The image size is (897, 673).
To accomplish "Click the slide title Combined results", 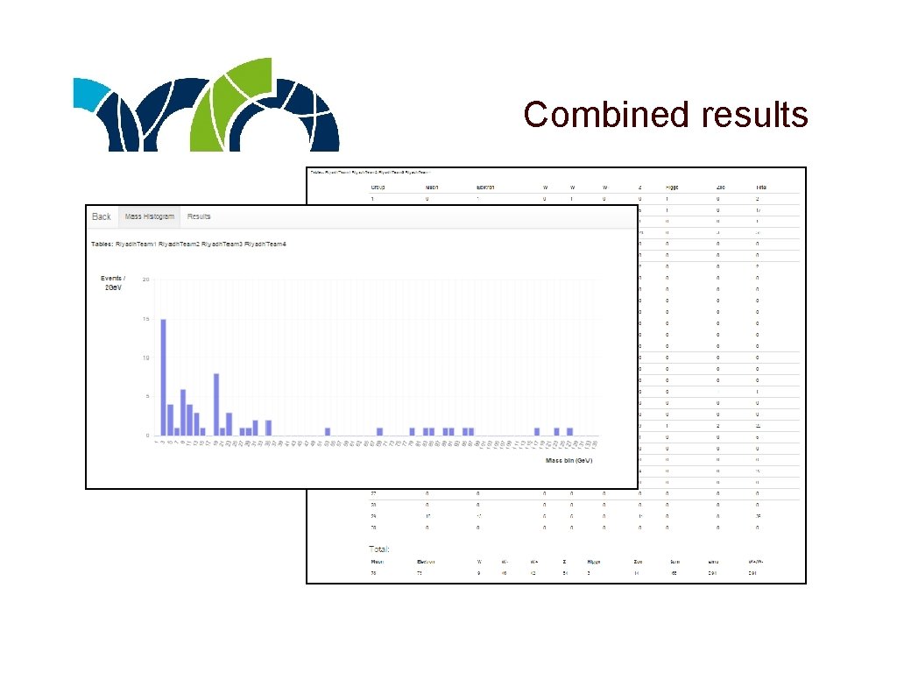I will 666,114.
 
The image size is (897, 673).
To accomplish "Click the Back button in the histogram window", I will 102,216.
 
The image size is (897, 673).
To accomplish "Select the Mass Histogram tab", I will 150,216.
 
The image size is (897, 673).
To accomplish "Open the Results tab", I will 199,216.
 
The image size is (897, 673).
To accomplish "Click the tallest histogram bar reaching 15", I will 163,377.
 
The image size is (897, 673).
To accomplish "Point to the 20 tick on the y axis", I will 146,280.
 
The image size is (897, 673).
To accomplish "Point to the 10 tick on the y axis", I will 146,358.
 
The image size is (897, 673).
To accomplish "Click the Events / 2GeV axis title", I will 112,283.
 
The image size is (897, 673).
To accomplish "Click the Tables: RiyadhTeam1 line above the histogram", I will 189,244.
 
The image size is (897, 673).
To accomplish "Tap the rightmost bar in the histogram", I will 569,431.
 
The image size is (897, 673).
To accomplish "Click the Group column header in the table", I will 378,187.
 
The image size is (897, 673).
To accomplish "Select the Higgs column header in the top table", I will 672,187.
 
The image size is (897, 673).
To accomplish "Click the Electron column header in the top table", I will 485,187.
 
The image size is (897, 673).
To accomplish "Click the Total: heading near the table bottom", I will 379,549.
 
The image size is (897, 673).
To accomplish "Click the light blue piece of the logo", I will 88,92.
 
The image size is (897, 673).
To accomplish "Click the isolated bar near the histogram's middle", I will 327,431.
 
